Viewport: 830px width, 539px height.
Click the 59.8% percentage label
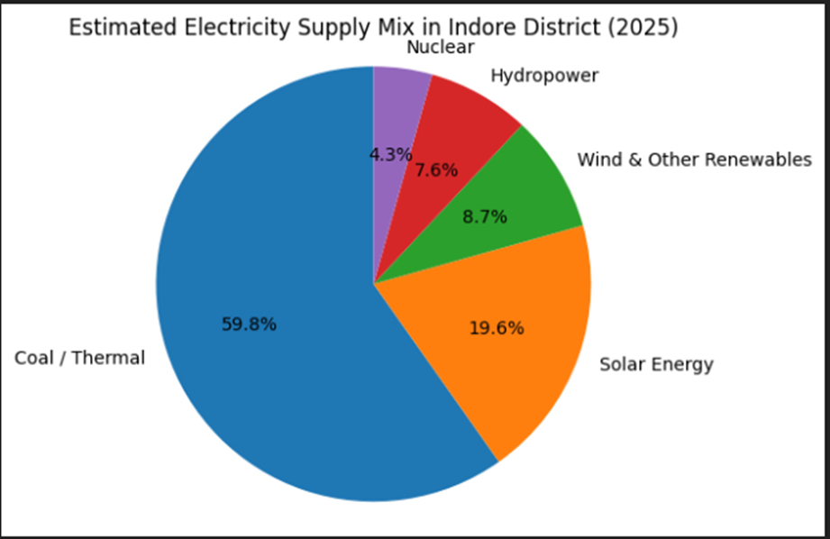[x=249, y=324]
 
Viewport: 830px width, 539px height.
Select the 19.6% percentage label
[x=497, y=328]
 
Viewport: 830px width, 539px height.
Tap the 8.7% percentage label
[x=485, y=217]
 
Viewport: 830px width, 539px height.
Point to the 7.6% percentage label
[x=436, y=169]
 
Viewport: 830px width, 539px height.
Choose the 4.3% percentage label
[x=390, y=154]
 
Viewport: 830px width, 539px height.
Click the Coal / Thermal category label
[x=79, y=358]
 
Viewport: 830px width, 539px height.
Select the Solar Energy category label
[x=656, y=364]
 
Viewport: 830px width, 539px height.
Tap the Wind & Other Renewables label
[x=694, y=160]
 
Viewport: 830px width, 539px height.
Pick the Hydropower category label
[x=544, y=76]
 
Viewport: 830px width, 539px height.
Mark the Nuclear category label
[x=440, y=47]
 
